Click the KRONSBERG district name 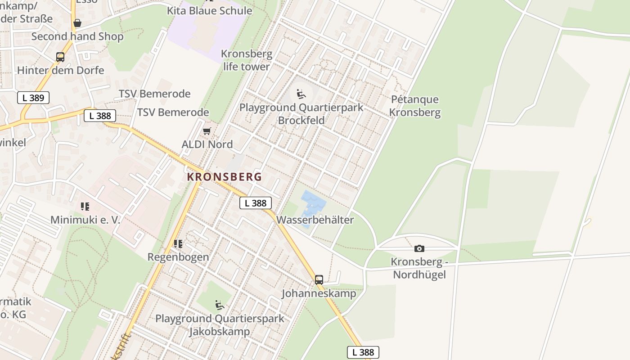224,177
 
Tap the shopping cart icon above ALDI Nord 207,131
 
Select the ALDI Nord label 207,144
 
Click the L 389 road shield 33,98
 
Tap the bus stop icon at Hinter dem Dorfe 60,57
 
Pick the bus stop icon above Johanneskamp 319,279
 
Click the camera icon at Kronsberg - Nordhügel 419,248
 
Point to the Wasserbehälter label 315,220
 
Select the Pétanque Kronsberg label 415,106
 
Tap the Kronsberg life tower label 247,60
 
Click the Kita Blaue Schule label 210,10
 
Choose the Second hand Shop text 77,36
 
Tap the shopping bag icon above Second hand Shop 77,22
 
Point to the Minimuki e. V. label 85,220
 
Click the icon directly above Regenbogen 178,244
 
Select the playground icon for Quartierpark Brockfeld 301,94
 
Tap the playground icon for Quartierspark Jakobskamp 220,305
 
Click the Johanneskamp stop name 319,293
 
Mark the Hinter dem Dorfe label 61,70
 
